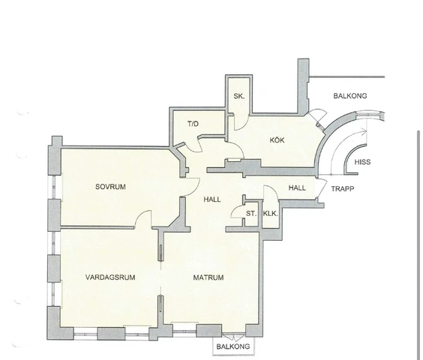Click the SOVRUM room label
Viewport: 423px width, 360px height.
[x=110, y=187]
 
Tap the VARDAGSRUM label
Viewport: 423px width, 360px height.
[x=110, y=277]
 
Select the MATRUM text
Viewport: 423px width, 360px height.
[x=208, y=277]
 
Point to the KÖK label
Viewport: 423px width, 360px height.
[x=277, y=140]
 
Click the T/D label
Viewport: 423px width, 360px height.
[x=193, y=124]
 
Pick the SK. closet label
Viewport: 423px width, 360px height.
[x=239, y=96]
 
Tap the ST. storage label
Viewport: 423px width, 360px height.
[x=251, y=214]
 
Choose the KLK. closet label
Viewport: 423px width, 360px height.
[x=270, y=214]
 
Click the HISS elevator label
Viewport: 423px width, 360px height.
[x=362, y=162]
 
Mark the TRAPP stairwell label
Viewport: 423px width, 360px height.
[x=343, y=189]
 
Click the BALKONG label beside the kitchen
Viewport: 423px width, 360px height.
[x=350, y=96]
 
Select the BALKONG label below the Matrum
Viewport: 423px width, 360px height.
[x=233, y=346]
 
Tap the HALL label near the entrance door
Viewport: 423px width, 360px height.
[x=297, y=187]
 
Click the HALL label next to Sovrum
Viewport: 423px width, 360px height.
[x=212, y=199]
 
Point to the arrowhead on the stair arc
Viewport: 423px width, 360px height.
[x=364, y=132]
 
